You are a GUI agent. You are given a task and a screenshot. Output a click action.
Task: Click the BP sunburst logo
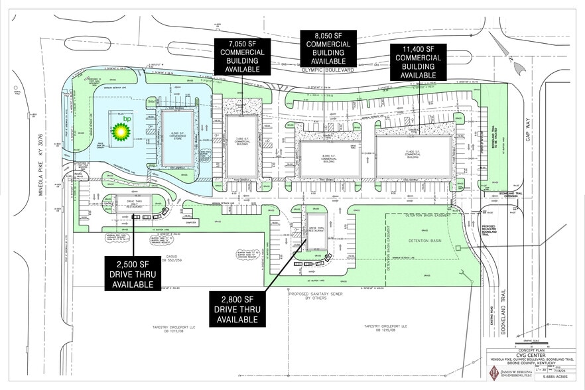click(121, 131)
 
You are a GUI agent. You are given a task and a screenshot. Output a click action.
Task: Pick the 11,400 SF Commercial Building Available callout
click(419, 62)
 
